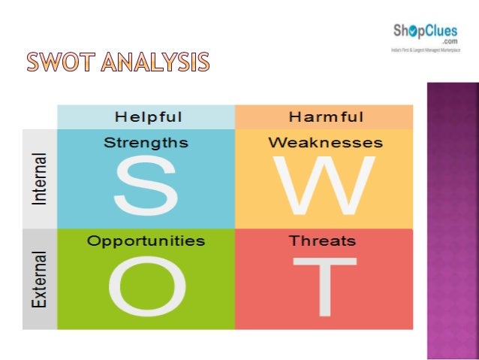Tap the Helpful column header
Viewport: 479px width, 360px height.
pos(148,116)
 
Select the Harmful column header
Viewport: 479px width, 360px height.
pos(326,116)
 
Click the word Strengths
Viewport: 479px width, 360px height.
pos(146,142)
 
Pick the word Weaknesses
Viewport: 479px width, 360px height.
pos(325,142)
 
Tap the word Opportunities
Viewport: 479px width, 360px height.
pos(146,241)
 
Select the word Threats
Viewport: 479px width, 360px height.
pos(323,241)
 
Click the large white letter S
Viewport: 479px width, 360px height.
pos(146,184)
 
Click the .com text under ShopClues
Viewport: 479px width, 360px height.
pos(450,41)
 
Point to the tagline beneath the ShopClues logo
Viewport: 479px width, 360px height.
pos(425,50)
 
